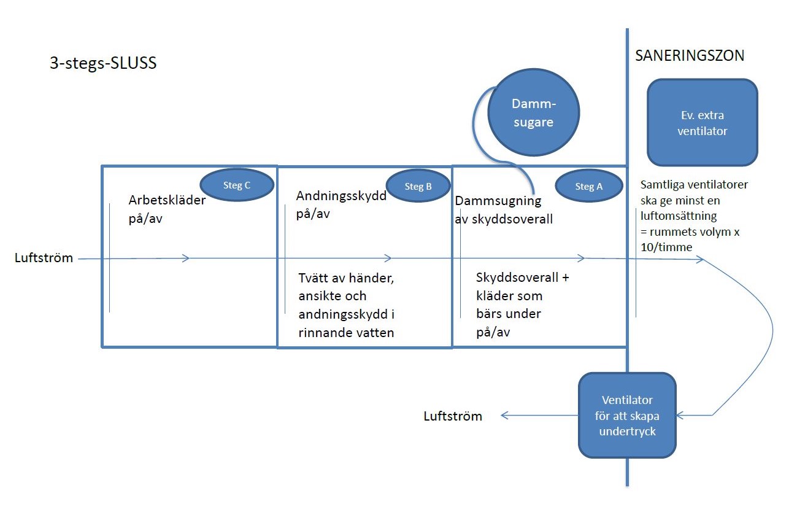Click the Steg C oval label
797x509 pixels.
coord(237,185)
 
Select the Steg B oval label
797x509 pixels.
coord(418,186)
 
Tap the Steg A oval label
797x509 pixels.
coord(589,186)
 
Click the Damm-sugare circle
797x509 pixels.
coord(534,112)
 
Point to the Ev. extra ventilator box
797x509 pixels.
coord(703,123)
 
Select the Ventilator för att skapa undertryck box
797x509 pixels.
coord(627,416)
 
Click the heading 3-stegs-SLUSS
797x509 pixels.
coord(103,63)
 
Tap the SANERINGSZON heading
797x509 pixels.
coord(690,55)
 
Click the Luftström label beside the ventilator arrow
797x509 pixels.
coord(453,416)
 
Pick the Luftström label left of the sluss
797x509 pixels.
coord(44,258)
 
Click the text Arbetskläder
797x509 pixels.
coord(167,200)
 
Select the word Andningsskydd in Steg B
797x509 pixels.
coord(341,196)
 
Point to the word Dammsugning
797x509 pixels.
coord(498,201)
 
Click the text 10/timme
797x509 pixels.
coord(666,247)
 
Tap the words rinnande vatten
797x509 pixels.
coord(346,333)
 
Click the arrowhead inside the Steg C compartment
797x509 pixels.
coord(185,258)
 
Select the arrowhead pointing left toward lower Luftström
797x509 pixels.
coord(505,416)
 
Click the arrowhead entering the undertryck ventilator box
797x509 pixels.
coord(680,416)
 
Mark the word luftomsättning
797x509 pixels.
coord(679,216)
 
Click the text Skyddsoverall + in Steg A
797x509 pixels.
coord(522,278)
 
